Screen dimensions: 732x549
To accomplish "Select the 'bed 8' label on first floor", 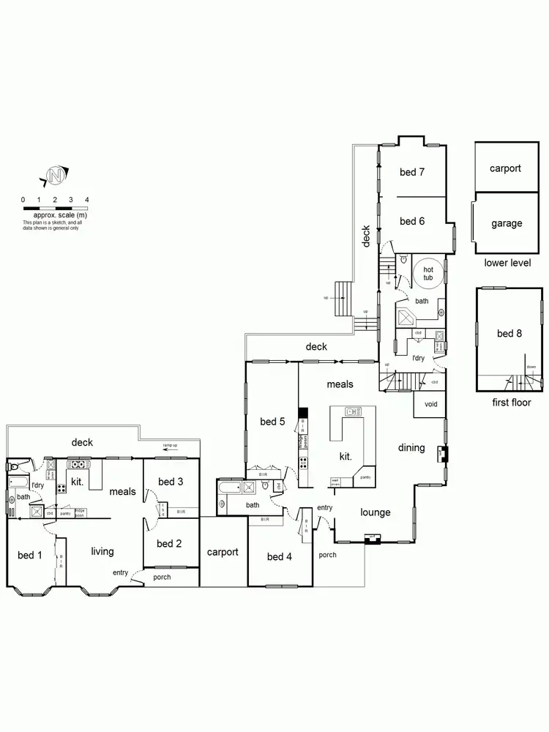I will pyautogui.click(x=509, y=334).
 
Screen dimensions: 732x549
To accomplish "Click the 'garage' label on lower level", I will pyautogui.click(x=507, y=223).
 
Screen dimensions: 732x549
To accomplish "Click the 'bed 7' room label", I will pyautogui.click(x=412, y=173).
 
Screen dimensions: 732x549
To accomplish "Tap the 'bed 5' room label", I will pyautogui.click(x=272, y=422).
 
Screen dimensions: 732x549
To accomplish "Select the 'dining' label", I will pyautogui.click(x=411, y=447).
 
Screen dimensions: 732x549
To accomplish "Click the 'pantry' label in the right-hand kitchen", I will pyautogui.click(x=365, y=477).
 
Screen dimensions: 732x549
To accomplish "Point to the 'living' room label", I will pyautogui.click(x=102, y=551).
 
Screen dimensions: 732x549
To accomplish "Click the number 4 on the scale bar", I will pyautogui.click(x=87, y=200).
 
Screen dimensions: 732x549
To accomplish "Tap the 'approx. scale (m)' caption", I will pyautogui.click(x=55, y=216).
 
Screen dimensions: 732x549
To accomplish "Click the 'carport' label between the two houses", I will pyautogui.click(x=222, y=552).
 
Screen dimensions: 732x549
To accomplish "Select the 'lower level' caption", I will pyautogui.click(x=507, y=263).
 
